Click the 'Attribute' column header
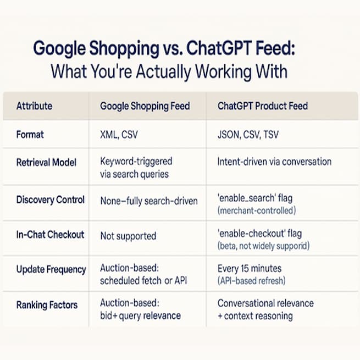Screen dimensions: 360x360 click(x=35, y=106)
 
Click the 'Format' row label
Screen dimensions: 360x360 click(x=30, y=134)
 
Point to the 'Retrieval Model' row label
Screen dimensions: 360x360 click(x=47, y=162)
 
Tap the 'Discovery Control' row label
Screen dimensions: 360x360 click(x=51, y=200)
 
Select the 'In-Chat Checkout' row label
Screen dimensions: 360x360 click(x=50, y=235)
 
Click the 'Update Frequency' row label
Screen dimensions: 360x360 click(x=51, y=269)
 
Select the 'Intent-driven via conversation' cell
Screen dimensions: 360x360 click(x=274, y=162)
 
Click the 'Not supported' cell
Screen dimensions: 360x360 click(x=128, y=236)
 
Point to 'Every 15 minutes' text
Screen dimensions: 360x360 click(x=249, y=269)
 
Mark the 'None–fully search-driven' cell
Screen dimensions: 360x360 click(x=148, y=200)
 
